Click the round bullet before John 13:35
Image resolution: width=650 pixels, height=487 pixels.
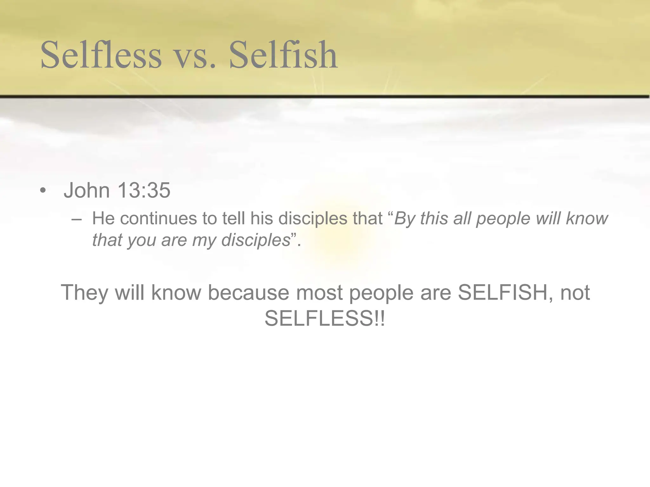pyautogui.click(x=43, y=191)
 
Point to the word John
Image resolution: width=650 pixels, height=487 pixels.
pyautogui.click(x=87, y=190)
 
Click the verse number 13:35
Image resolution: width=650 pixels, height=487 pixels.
pyautogui.click(x=144, y=190)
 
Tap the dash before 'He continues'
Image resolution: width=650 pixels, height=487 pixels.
pyautogui.click(x=76, y=219)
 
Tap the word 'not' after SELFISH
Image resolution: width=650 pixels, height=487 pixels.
pyautogui.click(x=575, y=292)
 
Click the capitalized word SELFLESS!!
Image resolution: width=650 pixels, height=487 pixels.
pyautogui.click(x=325, y=318)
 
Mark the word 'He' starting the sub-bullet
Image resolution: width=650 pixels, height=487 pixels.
pyautogui.click(x=103, y=218)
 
